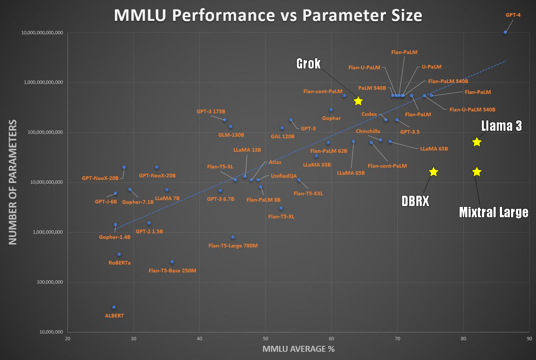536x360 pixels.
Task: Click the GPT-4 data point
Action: pyautogui.click(x=505, y=32)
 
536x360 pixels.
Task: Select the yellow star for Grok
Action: pyautogui.click(x=358, y=101)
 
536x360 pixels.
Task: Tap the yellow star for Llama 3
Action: pyautogui.click(x=477, y=142)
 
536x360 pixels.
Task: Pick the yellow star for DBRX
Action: pyautogui.click(x=433, y=172)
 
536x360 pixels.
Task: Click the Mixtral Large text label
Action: pyautogui.click(x=493, y=212)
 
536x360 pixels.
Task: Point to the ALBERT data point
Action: pyautogui.click(x=114, y=307)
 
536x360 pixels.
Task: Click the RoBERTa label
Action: pyautogui.click(x=120, y=263)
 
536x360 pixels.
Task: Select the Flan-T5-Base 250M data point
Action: pyautogui.click(x=172, y=262)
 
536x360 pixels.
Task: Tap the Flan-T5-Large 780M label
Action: pyautogui.click(x=233, y=246)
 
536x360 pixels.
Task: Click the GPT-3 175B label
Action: pyautogui.click(x=211, y=111)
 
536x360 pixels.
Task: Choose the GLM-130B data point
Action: pyautogui.click(x=231, y=127)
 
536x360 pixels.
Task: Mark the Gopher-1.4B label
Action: pyautogui.click(x=115, y=237)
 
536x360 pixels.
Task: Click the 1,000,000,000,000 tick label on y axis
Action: pyautogui.click(x=43, y=82)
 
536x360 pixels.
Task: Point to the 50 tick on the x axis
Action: pyautogui.click(x=265, y=338)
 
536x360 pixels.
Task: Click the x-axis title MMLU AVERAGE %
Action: pyautogui.click(x=298, y=349)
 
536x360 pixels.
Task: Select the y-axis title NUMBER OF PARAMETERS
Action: pyautogui.click(x=13, y=182)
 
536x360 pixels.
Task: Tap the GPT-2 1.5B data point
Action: pyautogui.click(x=149, y=223)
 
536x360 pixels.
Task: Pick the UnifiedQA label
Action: pyautogui.click(x=284, y=176)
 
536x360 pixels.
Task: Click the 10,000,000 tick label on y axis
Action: pyautogui.click(x=51, y=332)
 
